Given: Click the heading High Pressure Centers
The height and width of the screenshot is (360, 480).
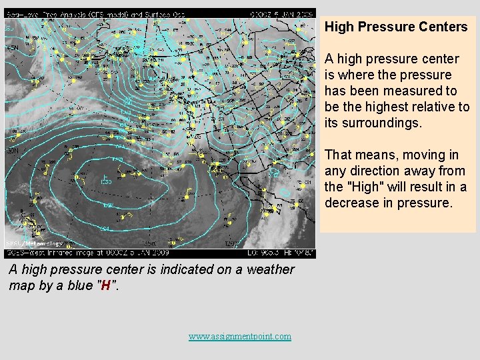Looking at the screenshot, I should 396,27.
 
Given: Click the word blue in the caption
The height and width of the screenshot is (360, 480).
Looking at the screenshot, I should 76,285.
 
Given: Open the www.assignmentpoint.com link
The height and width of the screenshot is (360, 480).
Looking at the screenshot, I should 240,336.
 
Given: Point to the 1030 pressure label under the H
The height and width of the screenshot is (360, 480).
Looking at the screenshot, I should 105,183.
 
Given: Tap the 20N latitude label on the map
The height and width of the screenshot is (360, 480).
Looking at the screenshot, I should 11,151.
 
